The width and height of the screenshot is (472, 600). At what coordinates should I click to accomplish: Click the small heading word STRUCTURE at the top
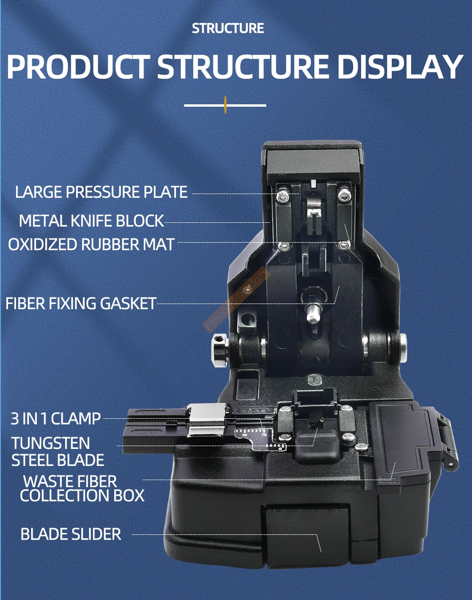tap(228, 28)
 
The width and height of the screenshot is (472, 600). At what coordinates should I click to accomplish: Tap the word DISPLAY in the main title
tap(400, 67)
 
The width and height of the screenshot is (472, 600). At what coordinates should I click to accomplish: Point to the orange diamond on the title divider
tap(226, 105)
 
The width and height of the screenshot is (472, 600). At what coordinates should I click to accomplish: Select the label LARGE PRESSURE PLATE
tap(101, 192)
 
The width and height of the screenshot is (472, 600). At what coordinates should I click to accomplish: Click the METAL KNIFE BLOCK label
tap(91, 221)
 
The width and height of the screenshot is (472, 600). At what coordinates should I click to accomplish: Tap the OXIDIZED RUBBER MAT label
tap(91, 245)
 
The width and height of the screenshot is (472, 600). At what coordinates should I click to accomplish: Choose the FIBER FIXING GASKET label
tap(81, 303)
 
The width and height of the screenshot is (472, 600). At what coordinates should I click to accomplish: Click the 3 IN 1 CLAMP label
tap(56, 418)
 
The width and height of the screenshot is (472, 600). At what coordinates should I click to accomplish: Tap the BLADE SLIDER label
tap(71, 534)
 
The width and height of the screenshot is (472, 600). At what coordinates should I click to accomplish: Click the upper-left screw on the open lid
tap(283, 195)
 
